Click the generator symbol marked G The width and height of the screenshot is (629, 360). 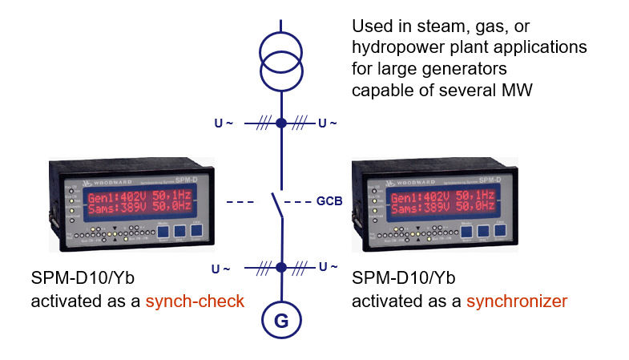point(281,321)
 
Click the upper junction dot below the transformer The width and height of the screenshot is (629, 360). point(281,123)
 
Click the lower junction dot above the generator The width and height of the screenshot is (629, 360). point(281,267)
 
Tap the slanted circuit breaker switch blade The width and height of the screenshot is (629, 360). point(277,206)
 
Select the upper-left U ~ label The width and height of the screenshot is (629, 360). point(224,123)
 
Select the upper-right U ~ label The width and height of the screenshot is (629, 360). point(327,123)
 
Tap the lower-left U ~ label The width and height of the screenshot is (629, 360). point(221,268)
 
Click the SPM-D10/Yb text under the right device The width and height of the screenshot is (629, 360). point(404,279)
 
